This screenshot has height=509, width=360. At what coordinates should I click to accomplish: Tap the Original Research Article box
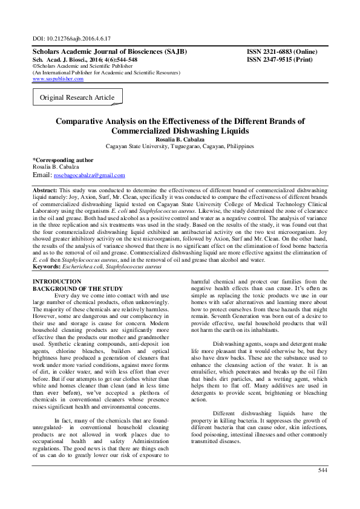coord(77,97)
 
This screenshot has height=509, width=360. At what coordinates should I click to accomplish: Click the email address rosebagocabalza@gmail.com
coord(90,175)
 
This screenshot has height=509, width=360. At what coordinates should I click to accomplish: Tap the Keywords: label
coord(49,266)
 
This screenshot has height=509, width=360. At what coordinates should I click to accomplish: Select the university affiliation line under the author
coord(180,146)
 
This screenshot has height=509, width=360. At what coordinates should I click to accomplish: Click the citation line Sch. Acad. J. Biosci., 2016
coord(85,59)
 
